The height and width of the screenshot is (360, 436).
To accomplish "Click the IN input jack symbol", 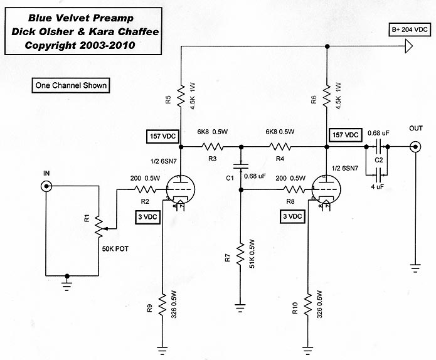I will (x=46, y=186).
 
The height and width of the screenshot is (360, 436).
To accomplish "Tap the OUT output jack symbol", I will (x=415, y=148).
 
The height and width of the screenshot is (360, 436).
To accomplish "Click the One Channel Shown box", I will (x=71, y=85).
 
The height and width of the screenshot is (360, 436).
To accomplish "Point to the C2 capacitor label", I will (x=378, y=160).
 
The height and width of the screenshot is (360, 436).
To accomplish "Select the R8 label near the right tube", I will (x=289, y=201).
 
